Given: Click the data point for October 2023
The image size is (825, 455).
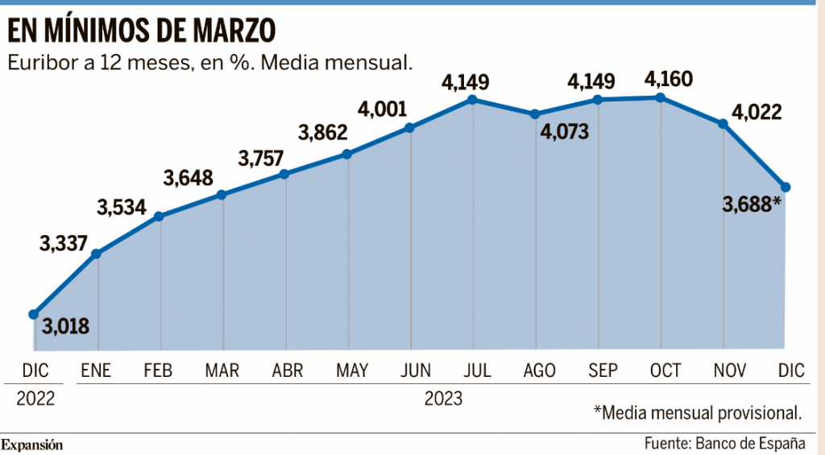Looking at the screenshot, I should click(x=661, y=97).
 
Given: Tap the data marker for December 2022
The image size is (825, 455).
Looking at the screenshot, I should click(x=34, y=314).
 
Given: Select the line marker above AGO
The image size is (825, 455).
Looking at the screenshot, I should click(x=535, y=114).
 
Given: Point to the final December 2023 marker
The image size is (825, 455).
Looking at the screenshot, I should click(x=786, y=187).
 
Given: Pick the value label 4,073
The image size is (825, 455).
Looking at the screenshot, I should click(x=566, y=130).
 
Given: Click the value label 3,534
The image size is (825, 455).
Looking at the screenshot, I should click(x=122, y=207).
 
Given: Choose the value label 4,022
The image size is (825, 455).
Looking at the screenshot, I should click(x=755, y=111).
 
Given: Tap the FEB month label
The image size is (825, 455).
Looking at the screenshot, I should click(x=159, y=370).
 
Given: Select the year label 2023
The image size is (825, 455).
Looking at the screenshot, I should click(x=442, y=397).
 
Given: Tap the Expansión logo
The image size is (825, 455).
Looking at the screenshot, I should click(x=32, y=445).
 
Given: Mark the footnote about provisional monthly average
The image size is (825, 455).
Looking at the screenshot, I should click(x=698, y=412).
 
